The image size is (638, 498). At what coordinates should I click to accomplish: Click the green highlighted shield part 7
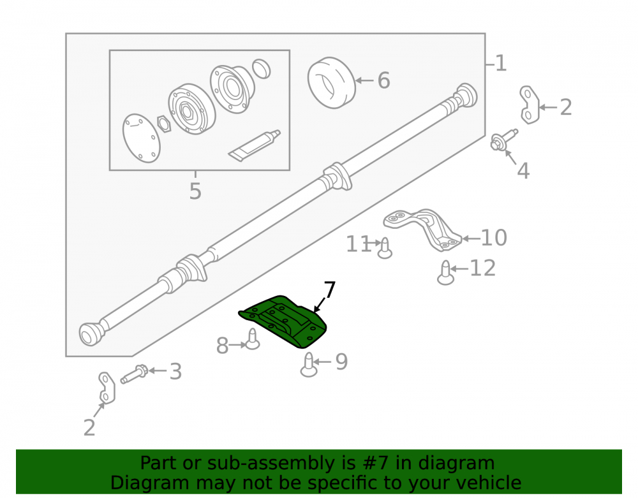pos(285,322)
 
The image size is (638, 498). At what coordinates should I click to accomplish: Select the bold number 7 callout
pos(329,290)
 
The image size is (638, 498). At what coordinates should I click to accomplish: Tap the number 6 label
pos(383,80)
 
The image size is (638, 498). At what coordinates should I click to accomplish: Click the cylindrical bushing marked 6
pos(331,82)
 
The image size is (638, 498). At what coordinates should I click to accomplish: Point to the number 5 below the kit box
pos(195,191)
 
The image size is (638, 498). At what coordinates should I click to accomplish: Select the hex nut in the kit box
pos(164,123)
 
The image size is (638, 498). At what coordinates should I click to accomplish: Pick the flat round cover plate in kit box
pos(141,138)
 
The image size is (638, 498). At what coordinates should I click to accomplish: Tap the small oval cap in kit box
pos(261,69)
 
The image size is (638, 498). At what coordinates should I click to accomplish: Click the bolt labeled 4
pos(504,140)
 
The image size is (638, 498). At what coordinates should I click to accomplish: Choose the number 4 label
pos(523,171)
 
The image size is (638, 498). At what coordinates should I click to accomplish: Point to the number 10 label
pos(494,237)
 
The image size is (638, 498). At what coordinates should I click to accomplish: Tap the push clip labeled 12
pos(445,273)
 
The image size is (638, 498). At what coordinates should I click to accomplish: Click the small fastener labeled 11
pos(385,248)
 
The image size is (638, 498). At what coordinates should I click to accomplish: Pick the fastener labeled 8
pos(253,339)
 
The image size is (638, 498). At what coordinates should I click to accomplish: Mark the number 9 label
pos(342,362)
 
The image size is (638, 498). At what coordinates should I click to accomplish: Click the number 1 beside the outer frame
pos(501,63)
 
